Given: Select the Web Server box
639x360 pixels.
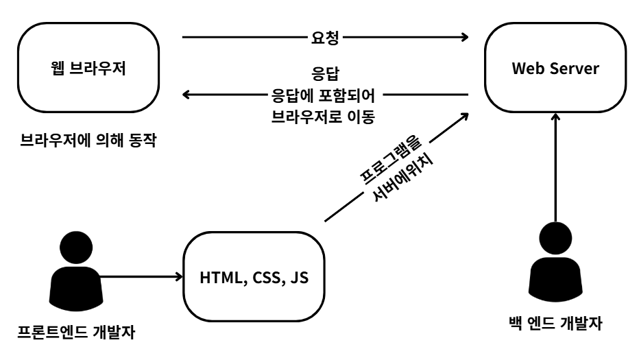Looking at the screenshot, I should coord(555,69).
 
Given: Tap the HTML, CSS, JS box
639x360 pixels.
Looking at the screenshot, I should coord(254,278).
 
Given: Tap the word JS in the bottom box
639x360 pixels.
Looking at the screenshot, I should coord(300,278).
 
